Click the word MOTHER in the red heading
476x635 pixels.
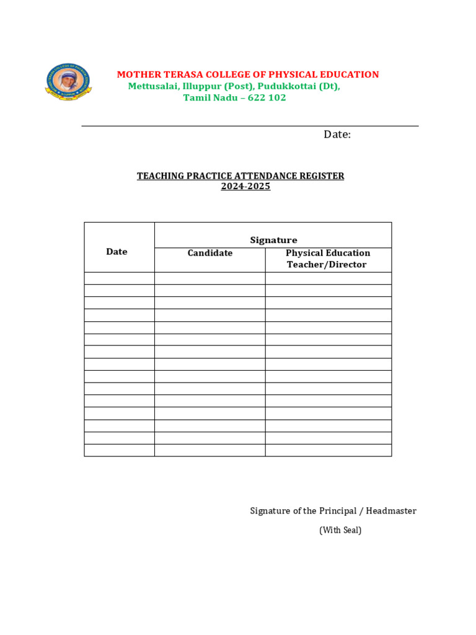coord(136,75)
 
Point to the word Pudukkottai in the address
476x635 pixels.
coord(286,86)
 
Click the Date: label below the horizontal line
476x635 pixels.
coord(337,135)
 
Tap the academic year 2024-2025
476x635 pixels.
coord(245,186)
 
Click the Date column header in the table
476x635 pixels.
coord(117,252)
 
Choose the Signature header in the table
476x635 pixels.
coord(273,240)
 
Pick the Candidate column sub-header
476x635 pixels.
coord(210,253)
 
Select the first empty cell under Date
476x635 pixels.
coord(119,278)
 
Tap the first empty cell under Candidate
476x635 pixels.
coord(209,278)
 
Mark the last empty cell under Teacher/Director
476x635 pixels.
coord(328,450)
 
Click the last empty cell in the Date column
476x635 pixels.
coord(119,450)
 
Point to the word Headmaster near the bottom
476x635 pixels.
coord(391,511)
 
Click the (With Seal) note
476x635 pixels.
coord(340,530)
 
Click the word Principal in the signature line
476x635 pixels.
coord(338,511)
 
